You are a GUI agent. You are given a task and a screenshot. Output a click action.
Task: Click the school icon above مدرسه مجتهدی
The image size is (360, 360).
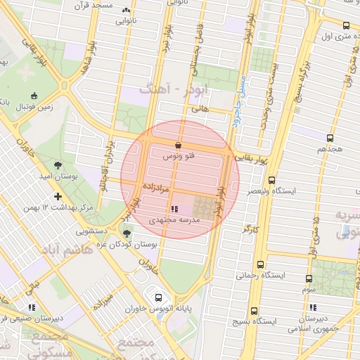click(175, 209)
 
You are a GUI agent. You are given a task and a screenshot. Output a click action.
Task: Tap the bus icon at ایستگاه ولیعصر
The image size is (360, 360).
click(271, 180)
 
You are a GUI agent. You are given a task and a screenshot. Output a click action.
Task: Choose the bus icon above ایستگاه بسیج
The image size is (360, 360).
click(255, 311)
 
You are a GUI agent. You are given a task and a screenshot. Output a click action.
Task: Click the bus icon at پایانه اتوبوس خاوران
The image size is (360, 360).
click(159, 297)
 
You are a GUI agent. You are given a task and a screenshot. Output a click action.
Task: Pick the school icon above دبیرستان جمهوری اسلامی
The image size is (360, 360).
click(312, 308)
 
